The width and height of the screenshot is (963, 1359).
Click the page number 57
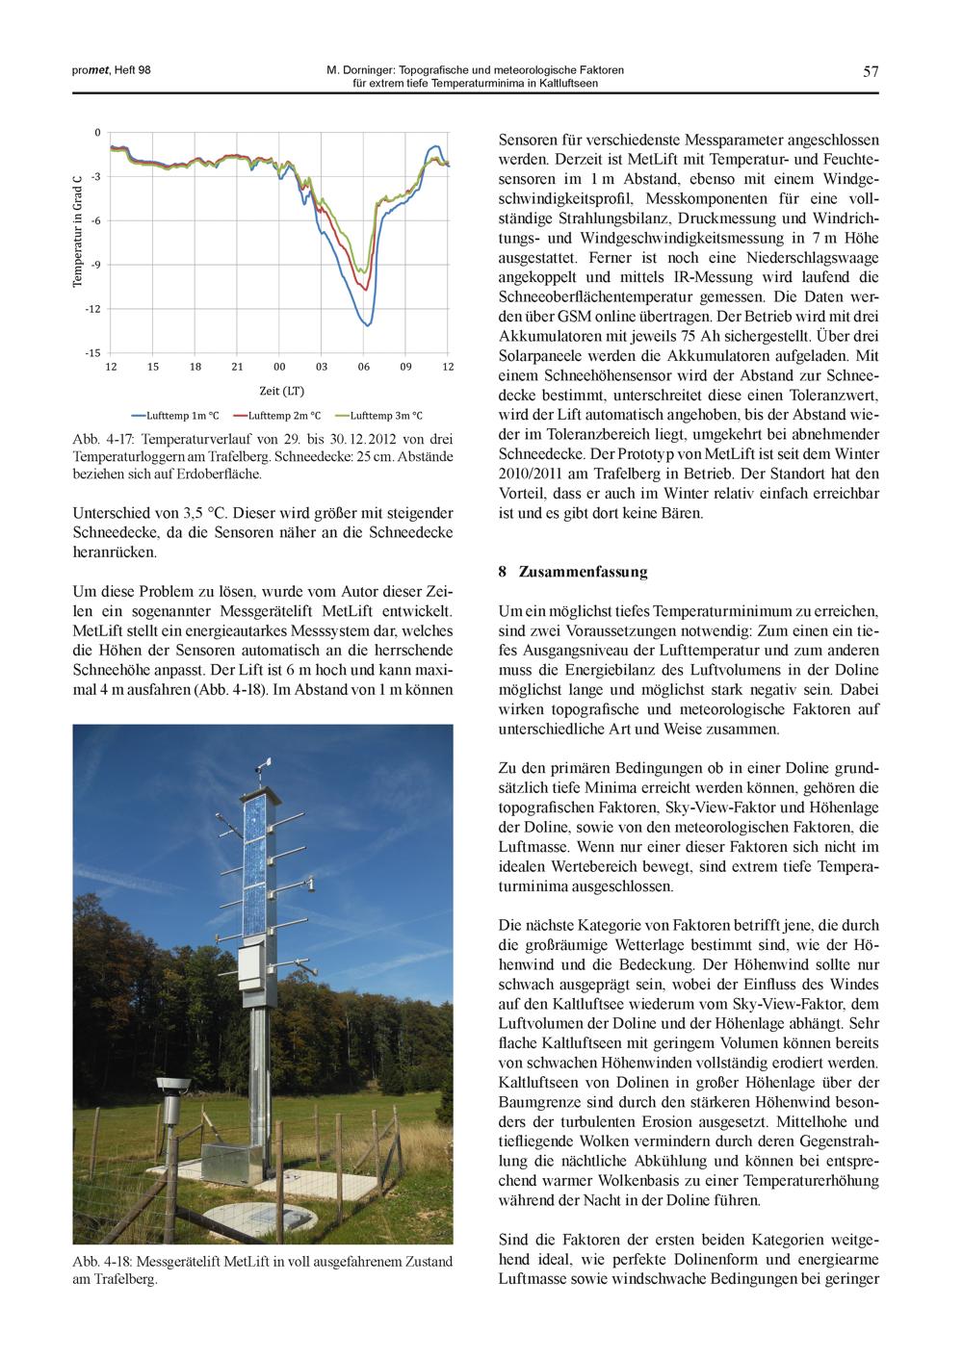pyautogui.click(x=871, y=71)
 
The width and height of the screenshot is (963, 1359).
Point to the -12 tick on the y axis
pyautogui.click(x=92, y=309)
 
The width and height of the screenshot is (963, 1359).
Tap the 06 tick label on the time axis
pyautogui.click(x=363, y=367)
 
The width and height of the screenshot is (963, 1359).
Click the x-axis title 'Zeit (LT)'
pyautogui.click(x=281, y=391)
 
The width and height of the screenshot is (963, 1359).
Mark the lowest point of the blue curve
pyautogui.click(x=367, y=324)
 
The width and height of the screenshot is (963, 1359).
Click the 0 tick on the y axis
pyautogui.click(x=97, y=133)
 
